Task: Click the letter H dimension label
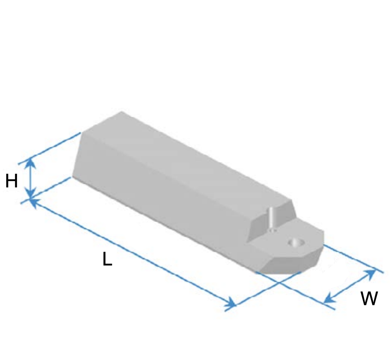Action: (x=12, y=181)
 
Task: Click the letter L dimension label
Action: (x=107, y=259)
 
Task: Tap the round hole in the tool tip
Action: (x=296, y=243)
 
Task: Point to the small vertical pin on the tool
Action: (x=271, y=219)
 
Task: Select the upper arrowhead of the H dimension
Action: (x=30, y=164)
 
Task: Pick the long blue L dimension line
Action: (x=133, y=252)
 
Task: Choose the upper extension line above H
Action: (x=49, y=148)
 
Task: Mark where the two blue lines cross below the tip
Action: (x=279, y=282)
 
